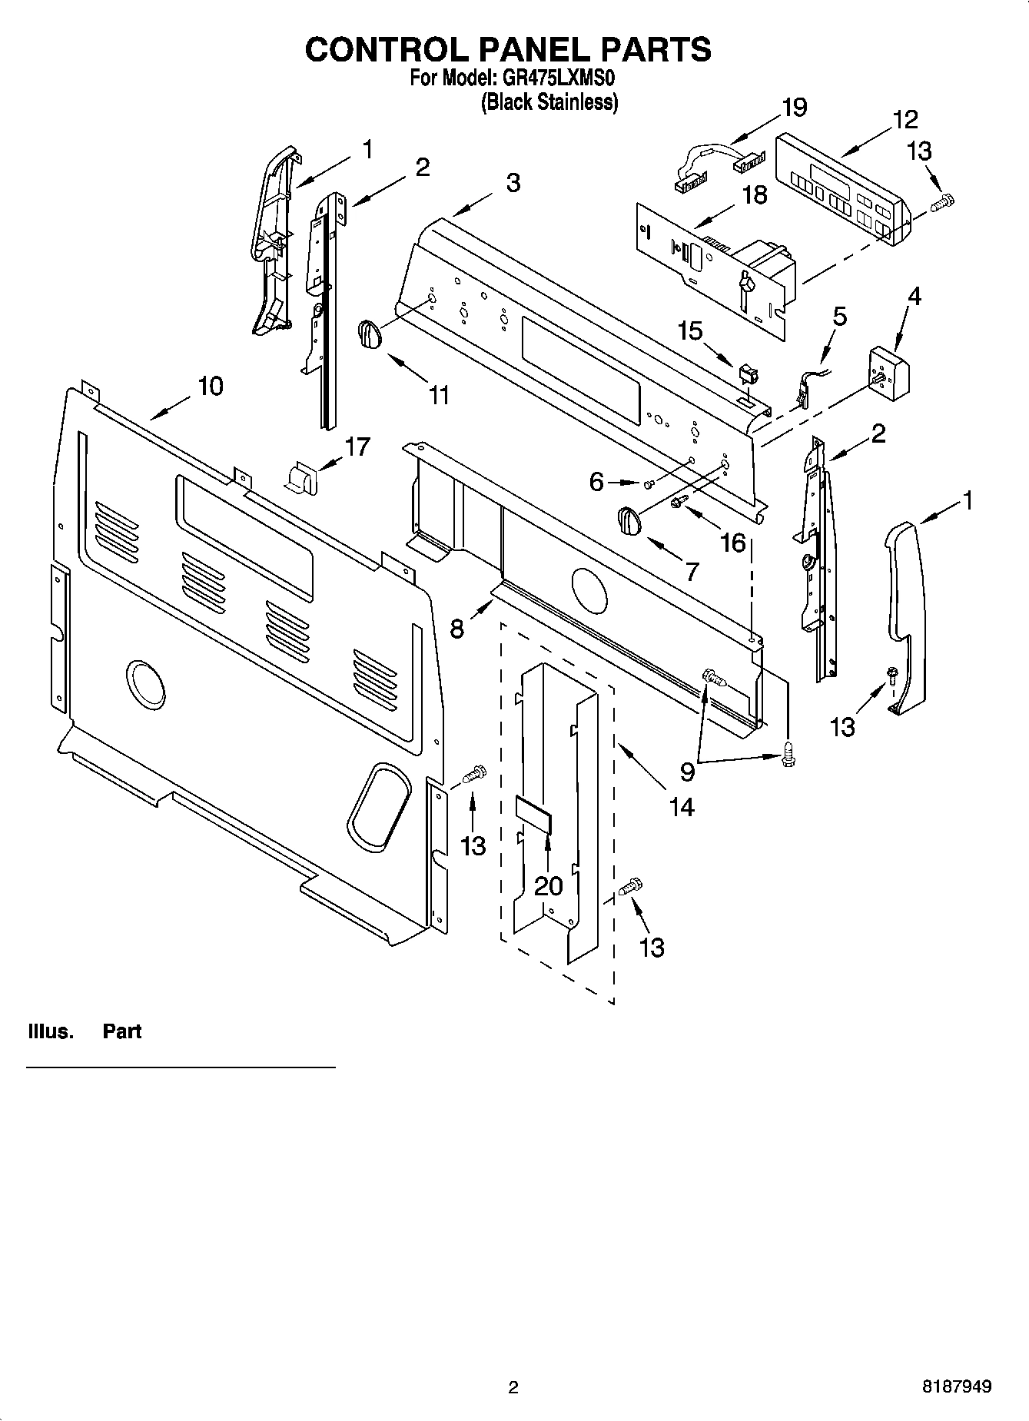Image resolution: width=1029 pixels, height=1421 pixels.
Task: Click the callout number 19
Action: (794, 107)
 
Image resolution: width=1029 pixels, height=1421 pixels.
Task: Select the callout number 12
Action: (905, 120)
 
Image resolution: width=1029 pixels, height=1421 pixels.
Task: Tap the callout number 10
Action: (210, 386)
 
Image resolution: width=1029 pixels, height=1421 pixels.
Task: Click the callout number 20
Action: (548, 886)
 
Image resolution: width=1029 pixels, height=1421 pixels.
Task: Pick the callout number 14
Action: (681, 806)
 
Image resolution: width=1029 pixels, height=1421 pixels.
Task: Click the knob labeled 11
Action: (369, 336)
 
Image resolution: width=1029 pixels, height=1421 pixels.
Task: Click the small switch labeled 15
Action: (746, 376)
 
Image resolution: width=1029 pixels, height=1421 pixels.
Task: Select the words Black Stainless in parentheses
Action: (549, 101)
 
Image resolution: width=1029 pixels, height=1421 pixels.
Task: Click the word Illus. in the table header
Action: (51, 1031)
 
